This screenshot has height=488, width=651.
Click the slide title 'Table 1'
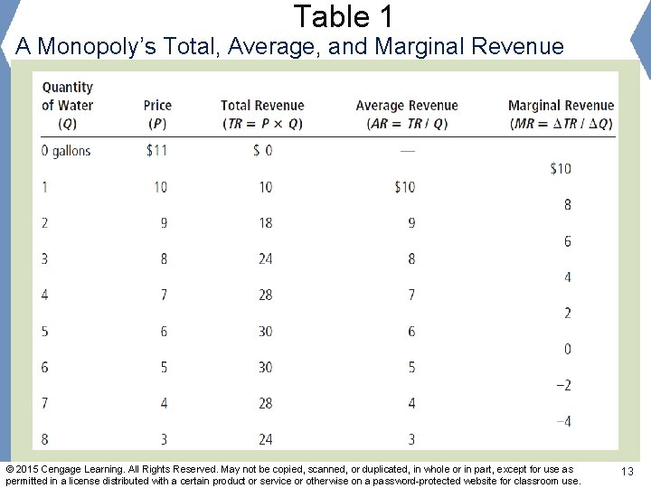[x=343, y=16]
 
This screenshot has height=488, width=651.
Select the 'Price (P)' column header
[x=157, y=114]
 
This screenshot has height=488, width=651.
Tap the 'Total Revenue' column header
[x=262, y=114]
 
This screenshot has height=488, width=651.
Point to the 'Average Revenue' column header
[x=407, y=114]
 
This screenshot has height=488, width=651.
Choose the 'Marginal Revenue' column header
[x=561, y=114]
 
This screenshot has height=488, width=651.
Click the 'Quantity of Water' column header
[x=67, y=105]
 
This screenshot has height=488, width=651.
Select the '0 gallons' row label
[x=66, y=151]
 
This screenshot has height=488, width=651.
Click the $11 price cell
[x=156, y=151]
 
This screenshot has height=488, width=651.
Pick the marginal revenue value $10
[x=561, y=169]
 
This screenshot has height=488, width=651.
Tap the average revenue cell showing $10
[x=404, y=187]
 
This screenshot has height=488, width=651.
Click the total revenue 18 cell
[x=265, y=223]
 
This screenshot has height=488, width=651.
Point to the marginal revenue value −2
[x=562, y=386]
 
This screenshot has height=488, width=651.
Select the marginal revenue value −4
[x=562, y=422]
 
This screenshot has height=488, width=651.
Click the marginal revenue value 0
[x=567, y=350]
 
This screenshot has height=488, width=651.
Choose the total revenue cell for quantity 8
[x=265, y=440]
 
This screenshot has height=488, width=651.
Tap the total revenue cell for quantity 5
[x=265, y=332]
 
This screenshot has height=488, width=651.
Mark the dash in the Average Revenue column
[x=407, y=151]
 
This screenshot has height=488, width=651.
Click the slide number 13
[x=627, y=473]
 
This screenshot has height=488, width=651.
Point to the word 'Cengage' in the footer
[x=59, y=469]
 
